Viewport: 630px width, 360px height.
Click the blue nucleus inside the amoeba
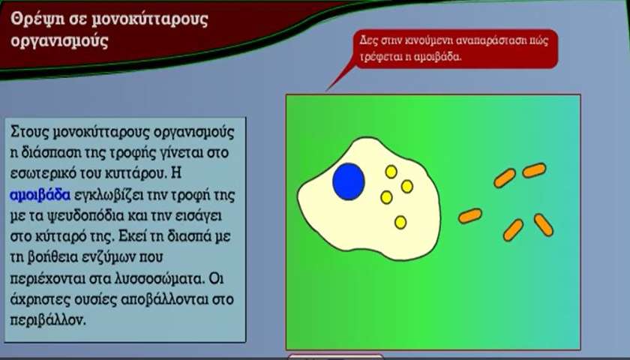pos(348,181)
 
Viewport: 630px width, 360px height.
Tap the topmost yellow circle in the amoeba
pos(391,172)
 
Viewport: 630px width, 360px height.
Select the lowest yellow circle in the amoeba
pos(400,222)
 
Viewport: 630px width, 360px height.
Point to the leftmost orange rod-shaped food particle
pos(470,216)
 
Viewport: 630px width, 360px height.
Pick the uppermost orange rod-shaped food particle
pos(534,170)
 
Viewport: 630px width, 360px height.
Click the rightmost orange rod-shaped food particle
pos(544,225)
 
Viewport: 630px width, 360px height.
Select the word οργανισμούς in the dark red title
pos(59,41)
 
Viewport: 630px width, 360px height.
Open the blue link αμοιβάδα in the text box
pos(40,195)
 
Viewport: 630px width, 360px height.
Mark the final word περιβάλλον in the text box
pos(47,321)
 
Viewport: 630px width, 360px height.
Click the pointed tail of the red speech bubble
pos(327,90)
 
